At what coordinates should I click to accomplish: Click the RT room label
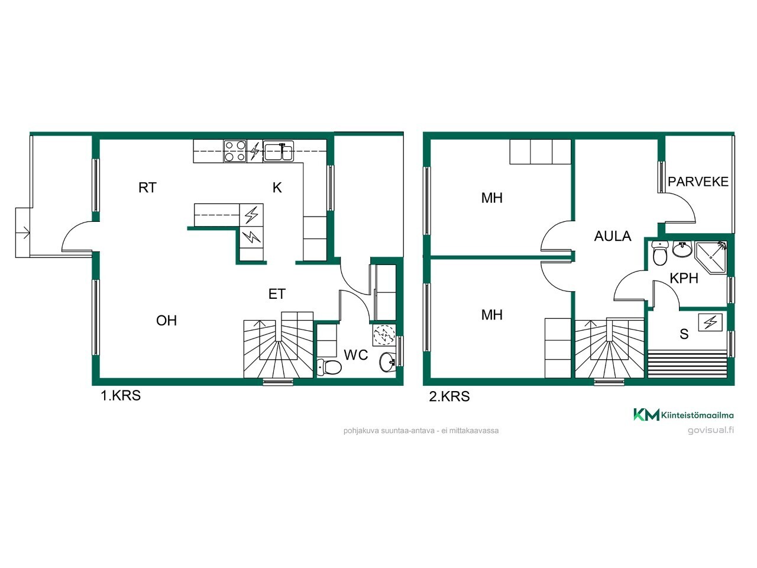(147, 188)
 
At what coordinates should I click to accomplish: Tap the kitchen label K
(277, 188)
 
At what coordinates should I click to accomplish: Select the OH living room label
(166, 321)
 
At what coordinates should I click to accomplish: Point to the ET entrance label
(277, 294)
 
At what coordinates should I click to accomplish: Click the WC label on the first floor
(356, 355)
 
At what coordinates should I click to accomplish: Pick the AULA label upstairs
(613, 236)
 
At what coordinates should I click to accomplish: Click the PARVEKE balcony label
(698, 182)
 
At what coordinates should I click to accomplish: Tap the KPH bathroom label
(684, 278)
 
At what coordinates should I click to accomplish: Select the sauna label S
(684, 334)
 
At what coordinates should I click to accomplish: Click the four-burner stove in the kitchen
(235, 151)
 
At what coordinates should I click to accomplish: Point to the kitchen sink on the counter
(279, 151)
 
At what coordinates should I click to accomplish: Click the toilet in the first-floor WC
(329, 367)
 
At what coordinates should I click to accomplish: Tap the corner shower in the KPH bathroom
(711, 257)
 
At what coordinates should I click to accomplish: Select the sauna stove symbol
(710, 322)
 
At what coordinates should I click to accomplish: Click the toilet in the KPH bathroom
(660, 253)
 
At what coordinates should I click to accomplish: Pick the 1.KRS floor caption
(121, 396)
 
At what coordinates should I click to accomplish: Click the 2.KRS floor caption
(449, 396)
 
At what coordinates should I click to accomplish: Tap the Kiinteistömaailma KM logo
(683, 415)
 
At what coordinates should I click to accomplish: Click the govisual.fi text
(710, 430)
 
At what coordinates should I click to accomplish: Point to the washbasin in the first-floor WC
(387, 362)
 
